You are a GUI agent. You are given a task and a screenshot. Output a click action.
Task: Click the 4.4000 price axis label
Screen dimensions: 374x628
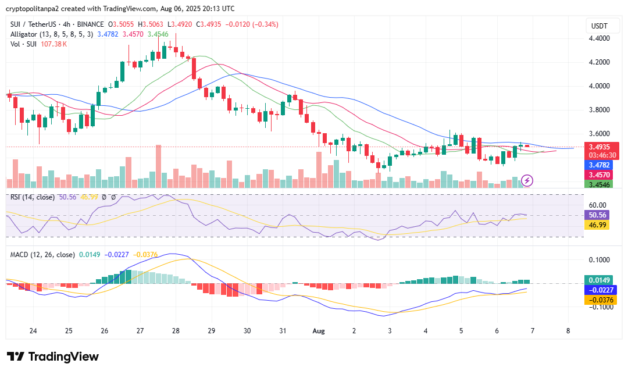pos(598,38)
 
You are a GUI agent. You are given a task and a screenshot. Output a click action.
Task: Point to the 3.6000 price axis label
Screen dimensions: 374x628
pos(598,133)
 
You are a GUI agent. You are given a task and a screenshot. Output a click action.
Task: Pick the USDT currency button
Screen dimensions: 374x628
pos(599,26)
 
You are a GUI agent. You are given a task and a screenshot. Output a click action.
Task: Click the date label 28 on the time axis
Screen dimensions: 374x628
pos(176,330)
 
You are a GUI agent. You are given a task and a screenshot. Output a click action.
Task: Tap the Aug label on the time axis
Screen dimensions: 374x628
pos(318,330)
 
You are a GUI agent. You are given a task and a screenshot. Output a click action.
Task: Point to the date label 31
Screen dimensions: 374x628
pos(283,330)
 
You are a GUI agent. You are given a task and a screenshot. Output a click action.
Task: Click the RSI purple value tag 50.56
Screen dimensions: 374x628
pos(597,215)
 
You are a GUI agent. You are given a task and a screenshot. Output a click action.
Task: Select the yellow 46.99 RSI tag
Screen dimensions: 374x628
pos(597,225)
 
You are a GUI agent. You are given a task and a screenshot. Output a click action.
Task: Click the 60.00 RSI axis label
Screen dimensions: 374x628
pos(597,205)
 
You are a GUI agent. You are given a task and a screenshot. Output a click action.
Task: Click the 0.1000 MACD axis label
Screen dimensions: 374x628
pos(598,260)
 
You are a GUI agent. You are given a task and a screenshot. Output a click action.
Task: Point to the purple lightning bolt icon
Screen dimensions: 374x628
pos(527,180)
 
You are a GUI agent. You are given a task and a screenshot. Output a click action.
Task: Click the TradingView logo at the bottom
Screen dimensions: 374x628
pos(53,357)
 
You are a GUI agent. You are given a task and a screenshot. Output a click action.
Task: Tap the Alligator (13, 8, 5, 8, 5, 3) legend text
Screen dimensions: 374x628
pos(51,34)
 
